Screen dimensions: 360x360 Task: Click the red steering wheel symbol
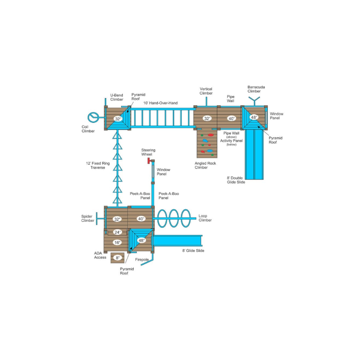[x=149, y=161]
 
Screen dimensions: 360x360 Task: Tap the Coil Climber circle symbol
[x=94, y=117]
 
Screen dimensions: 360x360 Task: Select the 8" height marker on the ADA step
[x=117, y=258]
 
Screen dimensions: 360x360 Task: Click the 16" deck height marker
[x=117, y=243]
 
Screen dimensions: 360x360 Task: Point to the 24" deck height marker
[x=117, y=232]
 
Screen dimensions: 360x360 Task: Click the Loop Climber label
[x=205, y=218]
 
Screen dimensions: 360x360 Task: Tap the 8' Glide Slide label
[x=193, y=251]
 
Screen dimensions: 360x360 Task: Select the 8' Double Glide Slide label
[x=236, y=180]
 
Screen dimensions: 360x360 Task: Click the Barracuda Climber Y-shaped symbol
[x=254, y=101]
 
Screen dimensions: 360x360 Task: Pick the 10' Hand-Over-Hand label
[x=161, y=103]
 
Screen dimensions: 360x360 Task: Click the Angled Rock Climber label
[x=205, y=165]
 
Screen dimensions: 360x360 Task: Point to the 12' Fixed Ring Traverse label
[x=98, y=166]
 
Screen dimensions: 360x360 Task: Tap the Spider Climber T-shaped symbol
[x=100, y=218]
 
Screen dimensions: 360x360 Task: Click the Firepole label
[x=142, y=260]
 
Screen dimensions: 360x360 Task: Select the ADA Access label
[x=100, y=255]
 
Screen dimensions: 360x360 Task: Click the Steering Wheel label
[x=148, y=152]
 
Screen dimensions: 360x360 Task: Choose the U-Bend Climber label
[x=117, y=97]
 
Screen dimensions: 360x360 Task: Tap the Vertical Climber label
[x=206, y=91]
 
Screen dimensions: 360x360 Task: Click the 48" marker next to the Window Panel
[x=254, y=117]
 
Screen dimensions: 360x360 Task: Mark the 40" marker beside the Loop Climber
[x=141, y=219]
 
